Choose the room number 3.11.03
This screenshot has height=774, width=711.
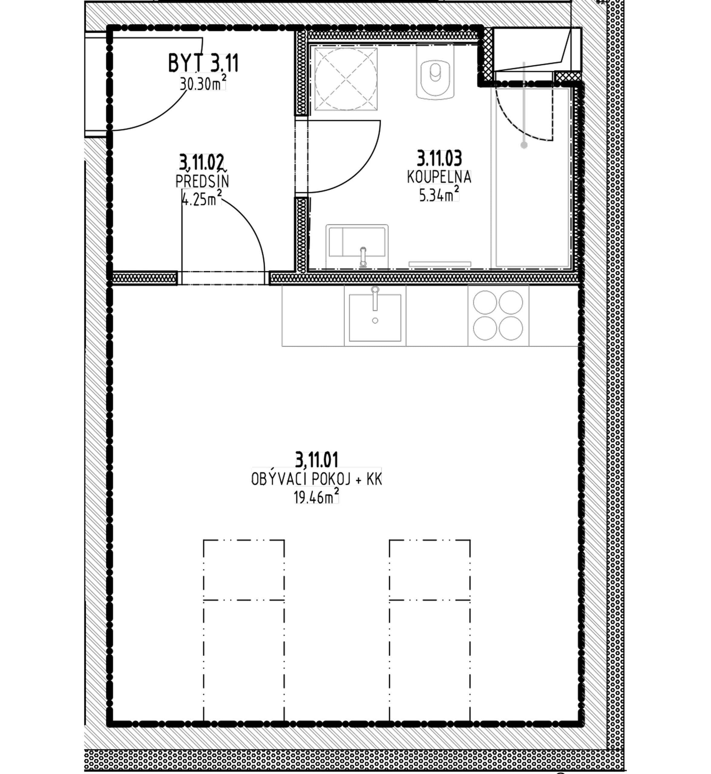tap(439, 158)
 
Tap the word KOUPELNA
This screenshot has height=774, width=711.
tap(439, 177)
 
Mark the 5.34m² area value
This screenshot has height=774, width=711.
tap(439, 194)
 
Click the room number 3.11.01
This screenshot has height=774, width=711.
tap(317, 460)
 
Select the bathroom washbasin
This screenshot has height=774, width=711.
tap(357, 246)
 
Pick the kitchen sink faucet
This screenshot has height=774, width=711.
tap(375, 298)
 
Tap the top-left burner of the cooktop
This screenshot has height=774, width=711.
tap(485, 303)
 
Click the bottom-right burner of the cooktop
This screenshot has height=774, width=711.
tap(511, 328)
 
